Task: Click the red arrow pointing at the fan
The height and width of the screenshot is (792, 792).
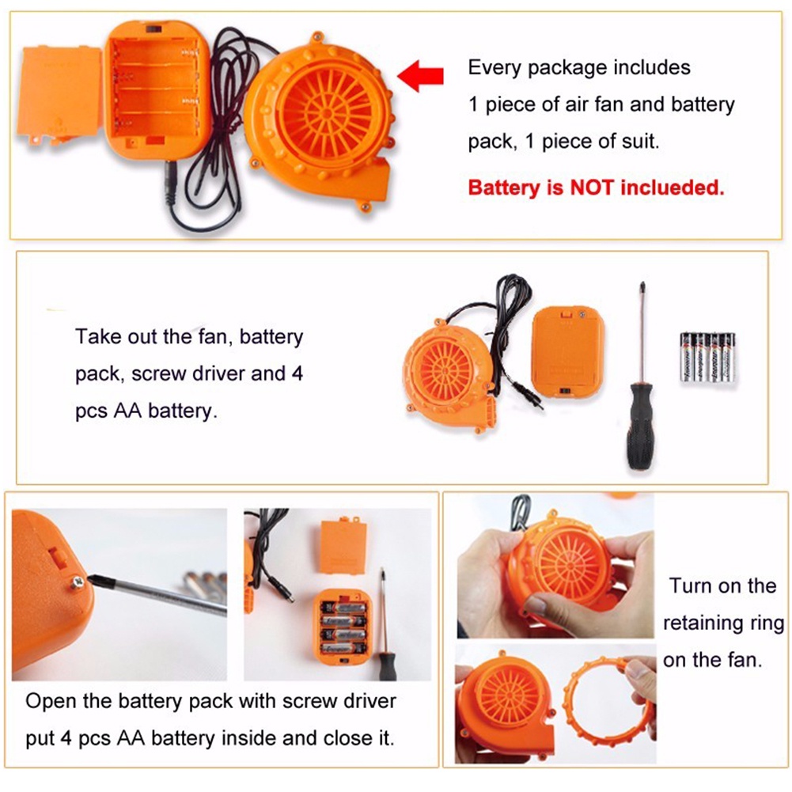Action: pyautogui.click(x=421, y=76)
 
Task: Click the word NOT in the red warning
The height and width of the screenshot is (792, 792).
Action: pyautogui.click(x=592, y=188)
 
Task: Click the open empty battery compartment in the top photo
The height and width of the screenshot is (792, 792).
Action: pyautogui.click(x=157, y=89)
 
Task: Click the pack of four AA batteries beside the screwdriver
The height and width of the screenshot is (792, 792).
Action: pyautogui.click(x=707, y=358)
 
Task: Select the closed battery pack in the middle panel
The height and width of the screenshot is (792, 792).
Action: pyautogui.click(x=568, y=352)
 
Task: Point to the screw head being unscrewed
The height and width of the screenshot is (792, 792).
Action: pyautogui.click(x=78, y=582)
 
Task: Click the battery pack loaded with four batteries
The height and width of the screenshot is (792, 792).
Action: pyautogui.click(x=343, y=627)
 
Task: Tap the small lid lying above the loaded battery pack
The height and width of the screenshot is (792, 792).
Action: pyautogui.click(x=343, y=546)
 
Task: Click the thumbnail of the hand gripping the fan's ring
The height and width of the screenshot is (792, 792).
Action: pyautogui.click(x=555, y=565)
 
